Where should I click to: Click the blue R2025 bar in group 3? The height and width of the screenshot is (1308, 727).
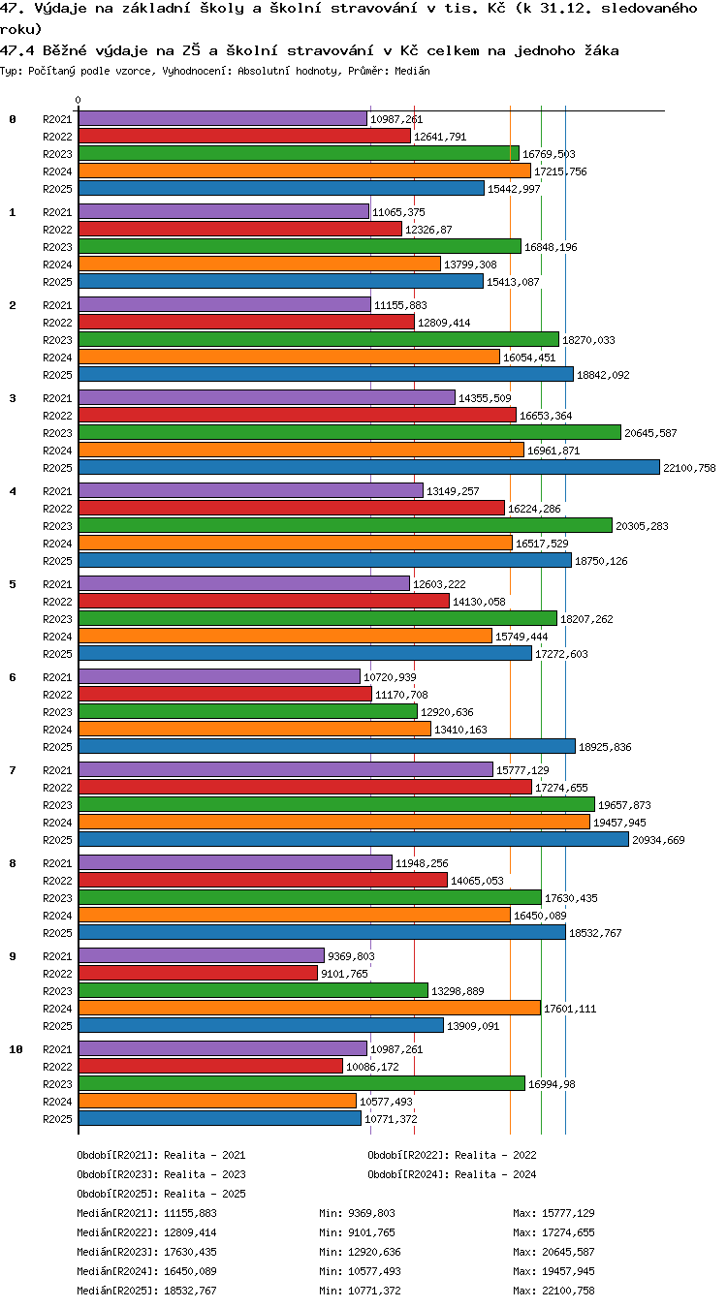coord(368,467)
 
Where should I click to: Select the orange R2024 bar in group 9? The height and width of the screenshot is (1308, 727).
coord(309,1008)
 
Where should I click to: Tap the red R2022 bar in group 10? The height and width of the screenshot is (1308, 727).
coord(210,1066)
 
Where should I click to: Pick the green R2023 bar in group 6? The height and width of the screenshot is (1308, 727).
coord(248,712)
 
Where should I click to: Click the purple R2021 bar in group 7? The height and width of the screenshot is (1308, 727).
coord(285,769)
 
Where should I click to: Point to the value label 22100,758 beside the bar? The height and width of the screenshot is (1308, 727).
coord(689,468)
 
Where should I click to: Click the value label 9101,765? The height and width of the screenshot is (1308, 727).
coord(344,974)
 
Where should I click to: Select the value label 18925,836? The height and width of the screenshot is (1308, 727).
coord(605,747)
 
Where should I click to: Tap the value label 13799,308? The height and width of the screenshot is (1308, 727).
coord(470,265)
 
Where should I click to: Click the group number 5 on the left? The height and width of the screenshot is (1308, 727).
coord(13,584)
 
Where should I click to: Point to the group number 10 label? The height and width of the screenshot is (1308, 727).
coord(16,1049)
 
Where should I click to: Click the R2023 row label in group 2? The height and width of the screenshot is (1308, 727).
coord(57,340)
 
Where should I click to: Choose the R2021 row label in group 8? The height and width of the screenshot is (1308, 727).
coord(57,863)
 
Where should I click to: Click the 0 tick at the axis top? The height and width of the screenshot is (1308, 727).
coord(78,100)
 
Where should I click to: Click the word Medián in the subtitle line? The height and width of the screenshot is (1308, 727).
coord(412,71)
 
